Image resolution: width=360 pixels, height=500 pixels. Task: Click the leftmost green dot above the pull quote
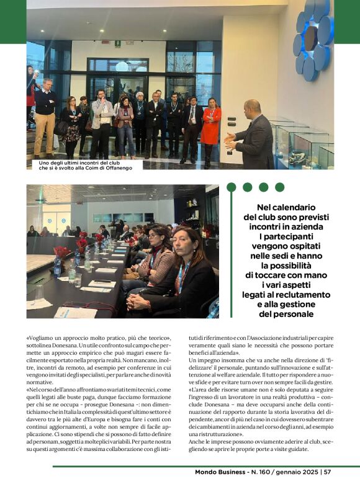(x=232, y=187)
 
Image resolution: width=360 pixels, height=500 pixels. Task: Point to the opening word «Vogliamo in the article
(x=43, y=340)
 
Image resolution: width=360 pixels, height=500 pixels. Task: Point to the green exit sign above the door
(x=118, y=43)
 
